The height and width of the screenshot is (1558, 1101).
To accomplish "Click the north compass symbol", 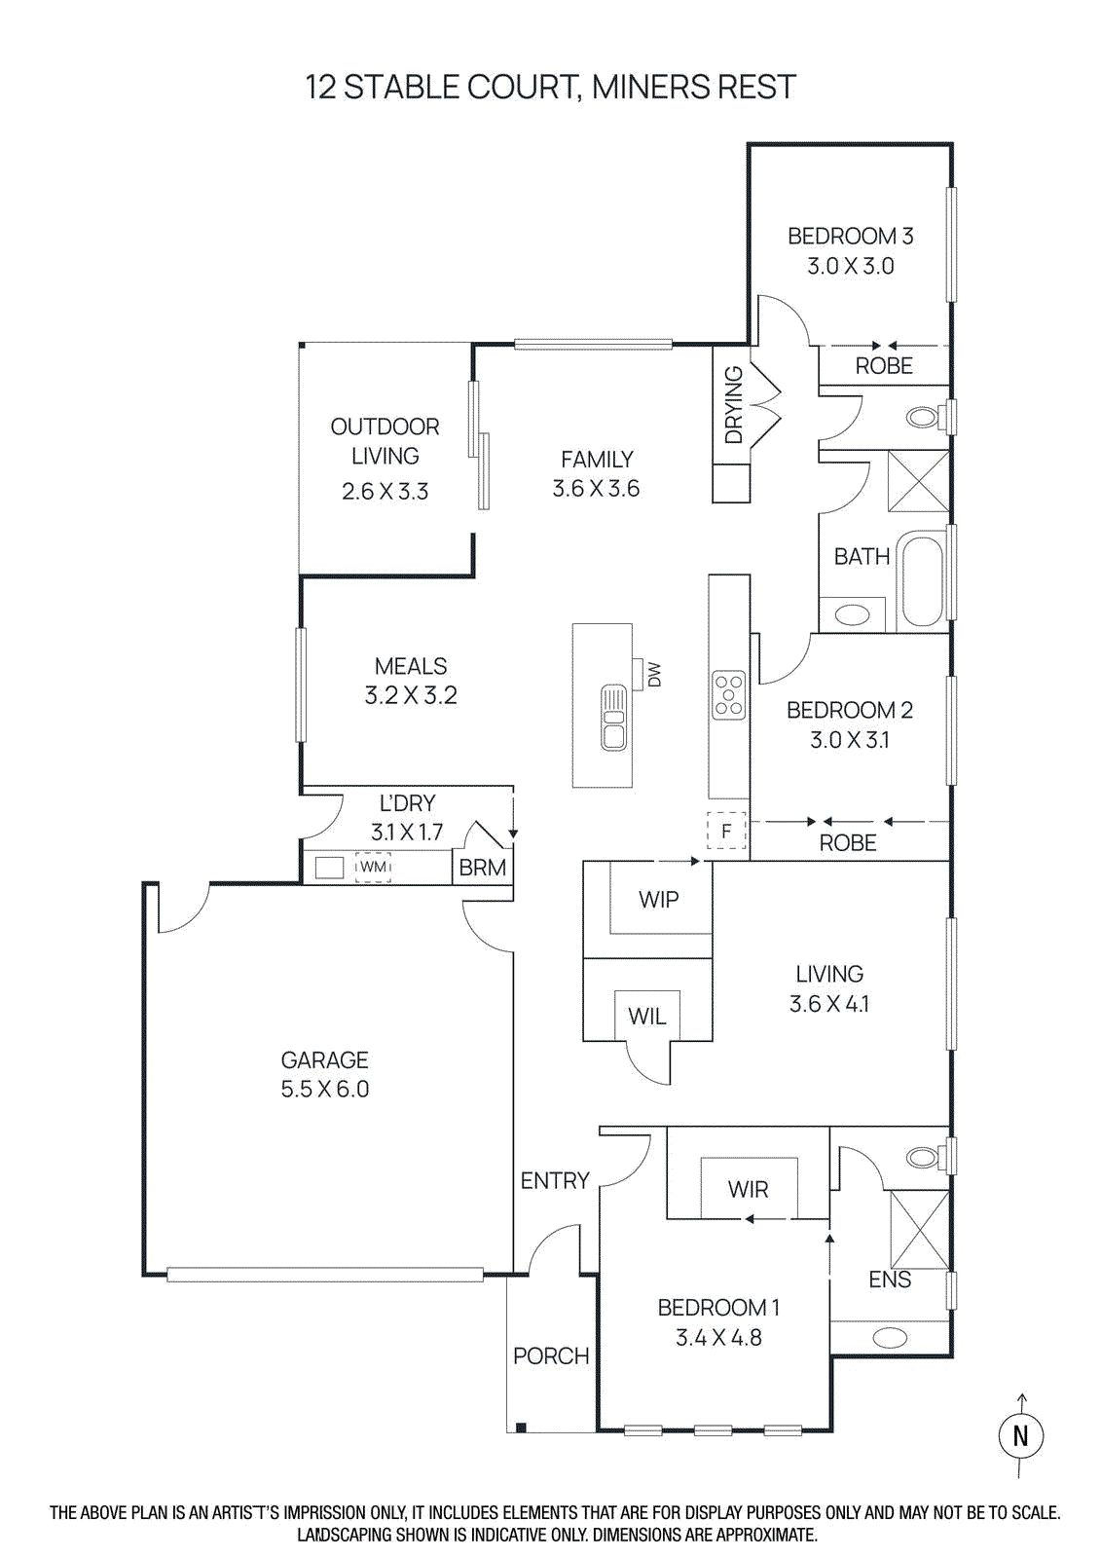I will coord(1020,1435).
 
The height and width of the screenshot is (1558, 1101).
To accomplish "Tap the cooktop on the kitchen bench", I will coord(729,695).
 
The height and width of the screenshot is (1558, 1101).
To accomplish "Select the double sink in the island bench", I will coord(613,718).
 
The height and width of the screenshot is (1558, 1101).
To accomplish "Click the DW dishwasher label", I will coord(654,675).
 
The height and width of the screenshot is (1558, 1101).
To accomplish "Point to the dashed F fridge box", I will coord(726,832).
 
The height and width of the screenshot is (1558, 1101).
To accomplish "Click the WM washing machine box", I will coord(373,867).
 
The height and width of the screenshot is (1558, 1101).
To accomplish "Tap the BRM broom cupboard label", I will coord(483,868).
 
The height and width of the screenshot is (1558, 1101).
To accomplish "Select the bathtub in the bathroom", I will coord(921,579).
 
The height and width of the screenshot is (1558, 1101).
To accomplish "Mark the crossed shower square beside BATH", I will coord(918,481).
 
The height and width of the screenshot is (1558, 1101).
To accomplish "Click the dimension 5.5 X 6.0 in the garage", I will coord(325,1090).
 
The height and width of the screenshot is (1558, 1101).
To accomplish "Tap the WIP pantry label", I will coord(659,900).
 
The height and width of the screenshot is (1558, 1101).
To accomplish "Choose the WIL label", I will coord(647,1017).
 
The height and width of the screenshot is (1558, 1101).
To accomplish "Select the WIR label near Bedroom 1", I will coord(748,1189).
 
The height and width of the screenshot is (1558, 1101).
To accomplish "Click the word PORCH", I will coord(551,1355).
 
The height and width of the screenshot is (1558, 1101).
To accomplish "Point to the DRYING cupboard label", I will coord(734,405).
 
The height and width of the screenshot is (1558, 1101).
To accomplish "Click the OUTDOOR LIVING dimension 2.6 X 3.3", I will coord(385,492).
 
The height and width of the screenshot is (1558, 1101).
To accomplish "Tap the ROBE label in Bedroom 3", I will coord(884,366).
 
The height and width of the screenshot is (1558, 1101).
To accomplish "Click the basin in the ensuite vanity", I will coord(890,1338).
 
